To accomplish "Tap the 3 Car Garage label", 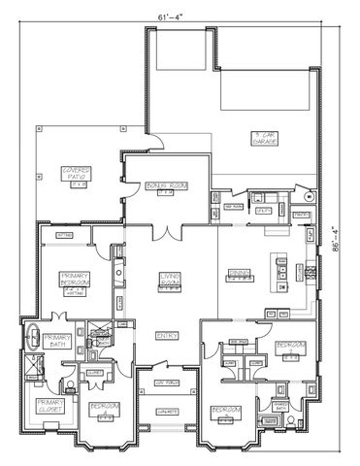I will [x=265, y=138].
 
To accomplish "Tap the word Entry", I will [x=166, y=335].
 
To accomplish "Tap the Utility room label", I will [x=261, y=208].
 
